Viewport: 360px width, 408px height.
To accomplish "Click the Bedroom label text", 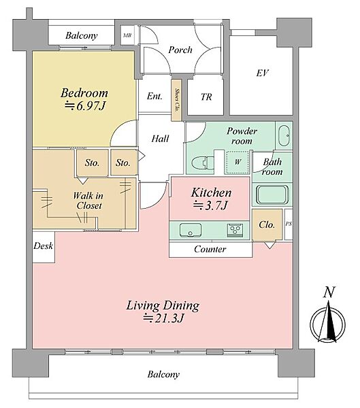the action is tap(84, 93).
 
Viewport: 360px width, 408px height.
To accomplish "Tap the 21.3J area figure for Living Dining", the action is tap(164, 318).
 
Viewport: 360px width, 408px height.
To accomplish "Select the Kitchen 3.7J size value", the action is tap(210, 206).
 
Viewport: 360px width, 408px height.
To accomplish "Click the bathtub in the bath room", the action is tap(272, 194).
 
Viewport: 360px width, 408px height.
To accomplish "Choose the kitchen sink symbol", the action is tap(191, 230).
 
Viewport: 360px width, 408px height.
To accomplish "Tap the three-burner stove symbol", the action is tap(235, 230).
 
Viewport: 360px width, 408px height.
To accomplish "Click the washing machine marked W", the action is tap(238, 163).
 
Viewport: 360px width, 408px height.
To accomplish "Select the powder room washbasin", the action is tap(284, 135).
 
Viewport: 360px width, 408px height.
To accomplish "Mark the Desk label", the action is tap(44, 246).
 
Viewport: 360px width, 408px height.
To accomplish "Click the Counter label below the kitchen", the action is tap(210, 250).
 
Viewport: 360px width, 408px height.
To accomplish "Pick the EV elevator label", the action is tap(262, 73).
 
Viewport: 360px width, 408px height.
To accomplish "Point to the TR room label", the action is tap(206, 97).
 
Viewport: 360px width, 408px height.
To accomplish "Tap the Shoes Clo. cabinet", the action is tap(176, 100).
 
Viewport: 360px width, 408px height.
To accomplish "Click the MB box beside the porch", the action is tap(127, 35).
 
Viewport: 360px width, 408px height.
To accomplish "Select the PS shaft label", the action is tap(289, 224).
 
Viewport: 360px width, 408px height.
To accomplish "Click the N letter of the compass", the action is tap(329, 292).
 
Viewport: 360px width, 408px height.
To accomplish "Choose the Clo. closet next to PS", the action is tap(267, 225).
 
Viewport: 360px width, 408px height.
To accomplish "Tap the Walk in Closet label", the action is tap(88, 201).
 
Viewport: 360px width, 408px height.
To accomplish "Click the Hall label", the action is tap(160, 139).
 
